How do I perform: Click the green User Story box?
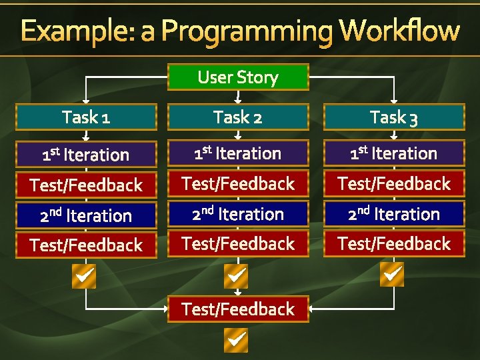tap(238, 77)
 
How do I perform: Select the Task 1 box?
tap(86, 117)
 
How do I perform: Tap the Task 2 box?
tap(238, 117)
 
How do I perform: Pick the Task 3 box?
tap(394, 117)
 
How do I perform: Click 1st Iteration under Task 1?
tap(86, 155)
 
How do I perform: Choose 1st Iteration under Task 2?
tap(238, 153)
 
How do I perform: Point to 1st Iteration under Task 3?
tap(394, 153)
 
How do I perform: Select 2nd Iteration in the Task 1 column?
tap(86, 215)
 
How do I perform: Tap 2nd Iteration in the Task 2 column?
tap(238, 214)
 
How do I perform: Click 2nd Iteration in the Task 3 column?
tap(394, 214)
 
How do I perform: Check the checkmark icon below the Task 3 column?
tap(392, 274)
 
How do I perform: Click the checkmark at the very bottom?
tap(237, 341)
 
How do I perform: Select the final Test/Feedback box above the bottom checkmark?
tap(238, 309)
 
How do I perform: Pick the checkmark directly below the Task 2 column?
tap(237, 275)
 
